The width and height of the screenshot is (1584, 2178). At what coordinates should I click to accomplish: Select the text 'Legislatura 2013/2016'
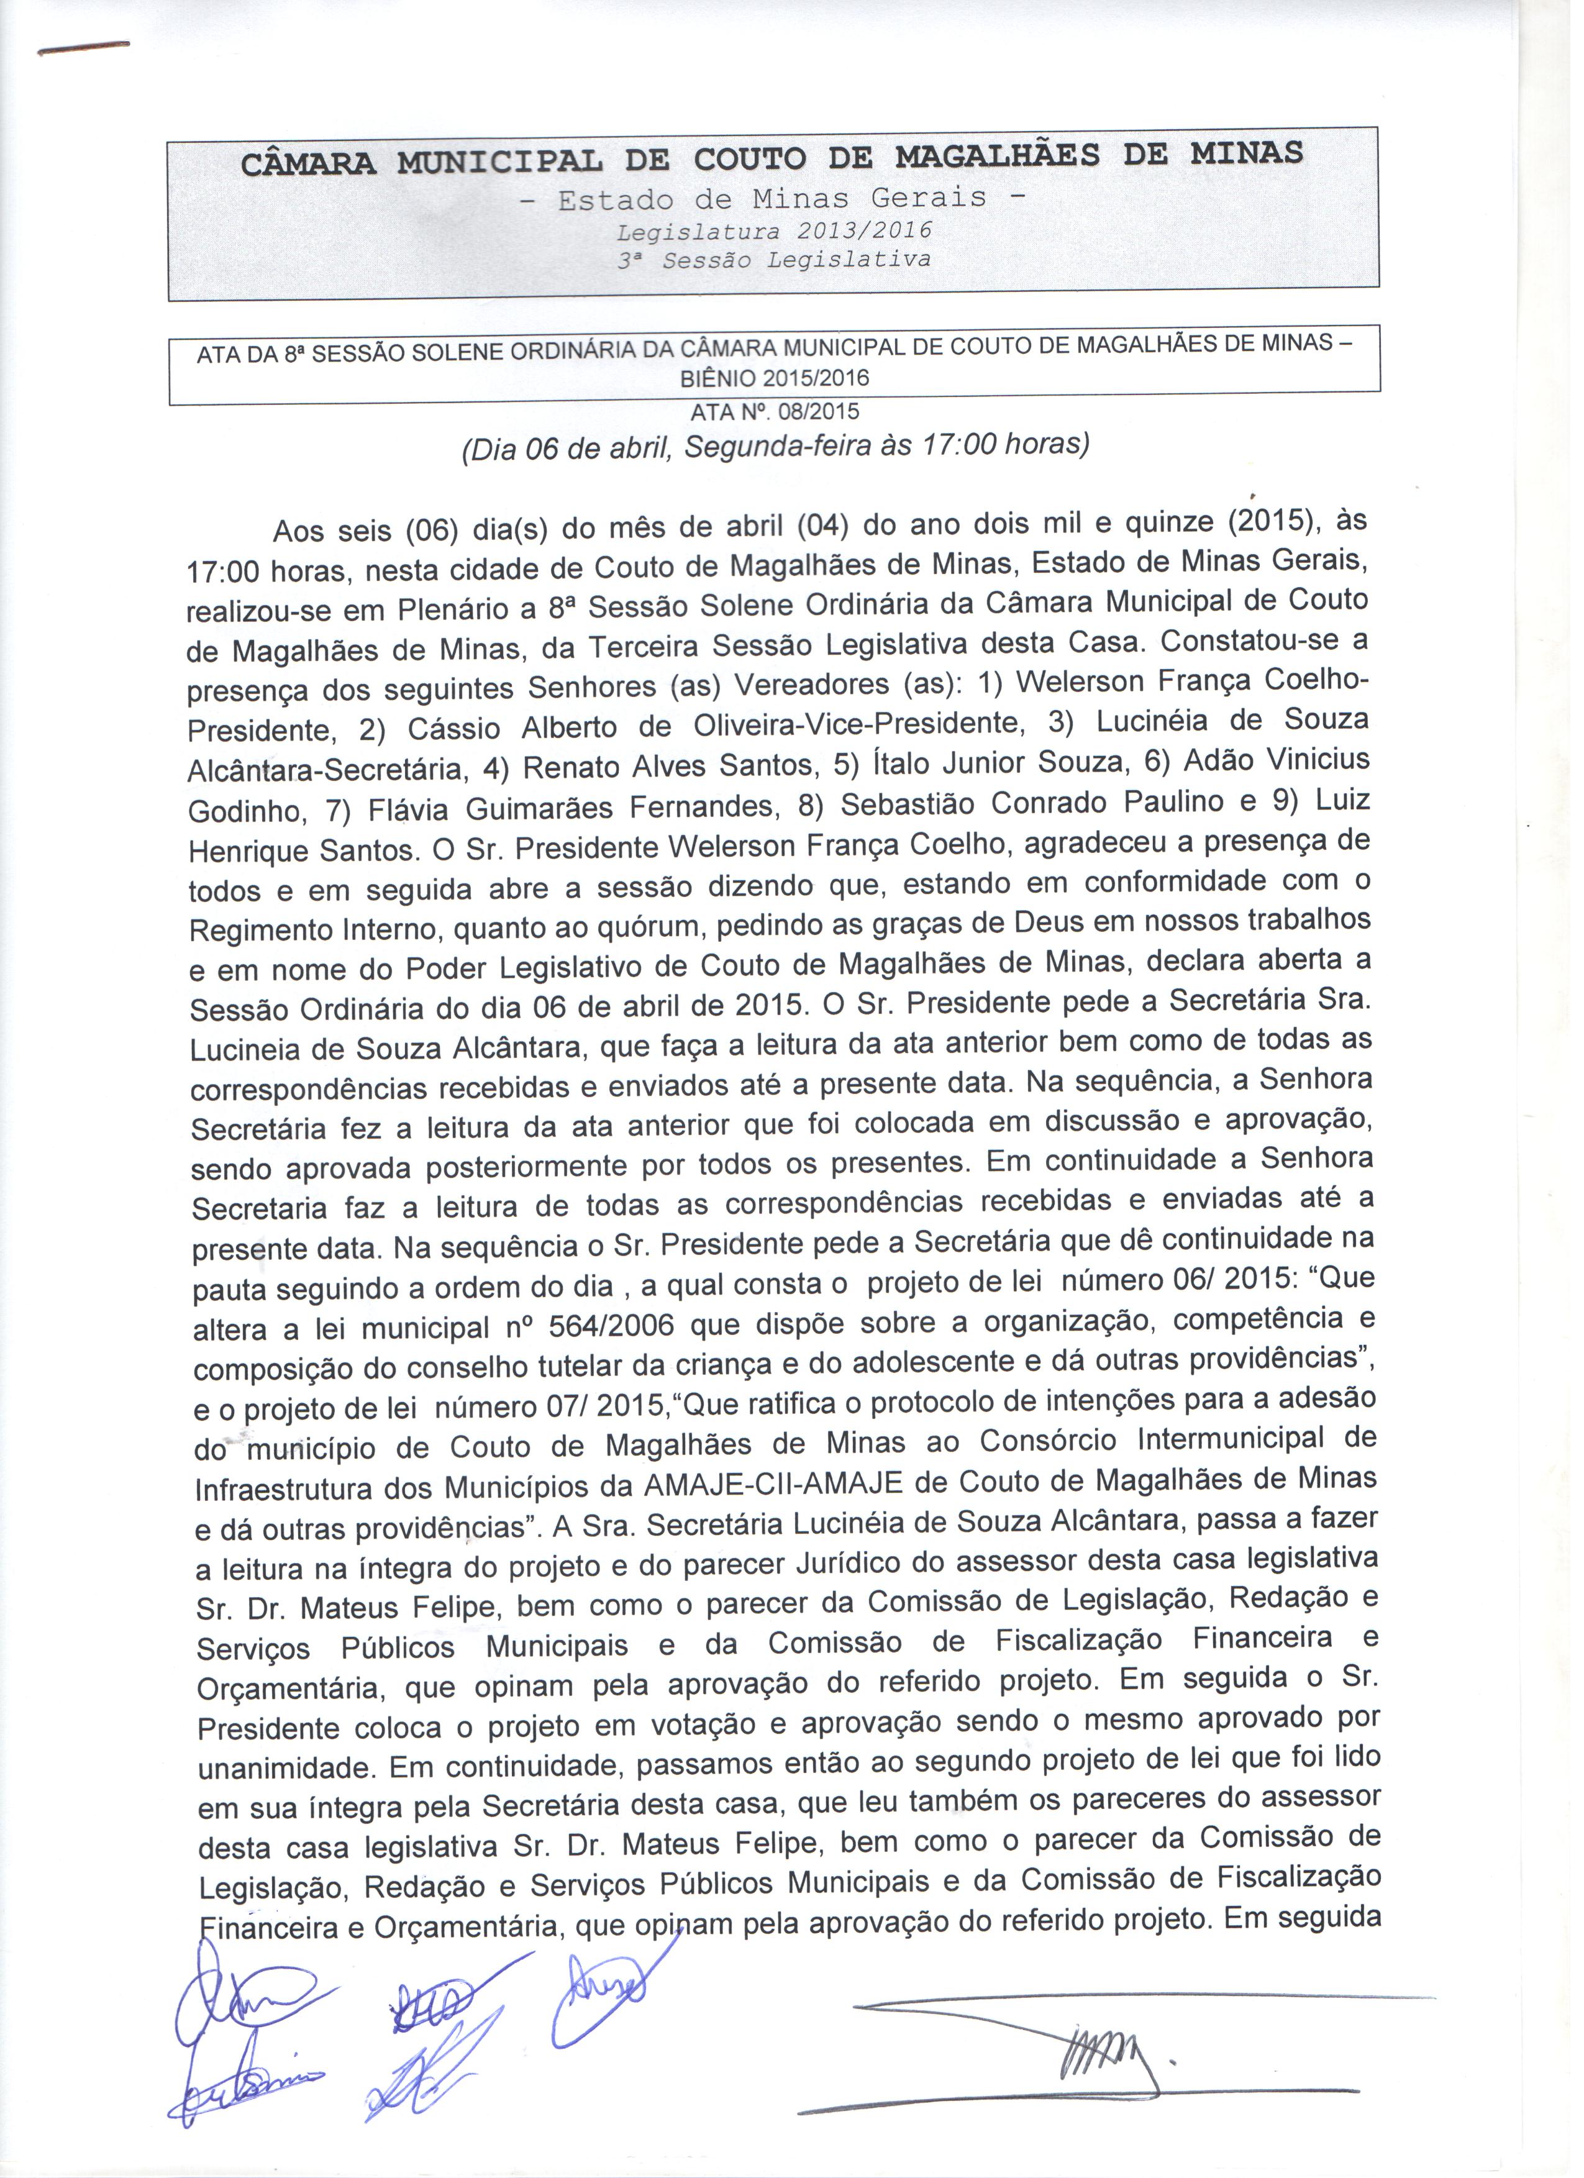[x=774, y=232]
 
